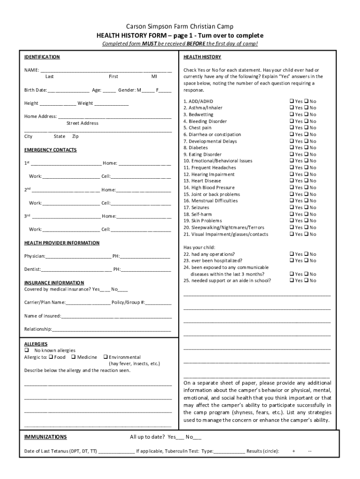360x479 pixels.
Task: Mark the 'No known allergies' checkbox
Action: click(x=27, y=350)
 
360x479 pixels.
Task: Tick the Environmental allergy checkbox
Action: click(x=105, y=357)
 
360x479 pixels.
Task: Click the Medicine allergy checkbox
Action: click(x=73, y=357)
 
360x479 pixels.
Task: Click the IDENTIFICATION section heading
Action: click(x=42, y=57)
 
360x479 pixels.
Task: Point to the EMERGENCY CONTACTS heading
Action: click(x=50, y=150)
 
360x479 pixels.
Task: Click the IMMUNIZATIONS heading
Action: click(x=45, y=437)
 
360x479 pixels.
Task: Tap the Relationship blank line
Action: click(x=111, y=329)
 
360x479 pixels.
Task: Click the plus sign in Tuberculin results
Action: click(x=294, y=451)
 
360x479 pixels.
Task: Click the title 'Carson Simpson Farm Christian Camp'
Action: click(x=180, y=27)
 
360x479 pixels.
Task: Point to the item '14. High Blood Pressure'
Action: click(x=209, y=188)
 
